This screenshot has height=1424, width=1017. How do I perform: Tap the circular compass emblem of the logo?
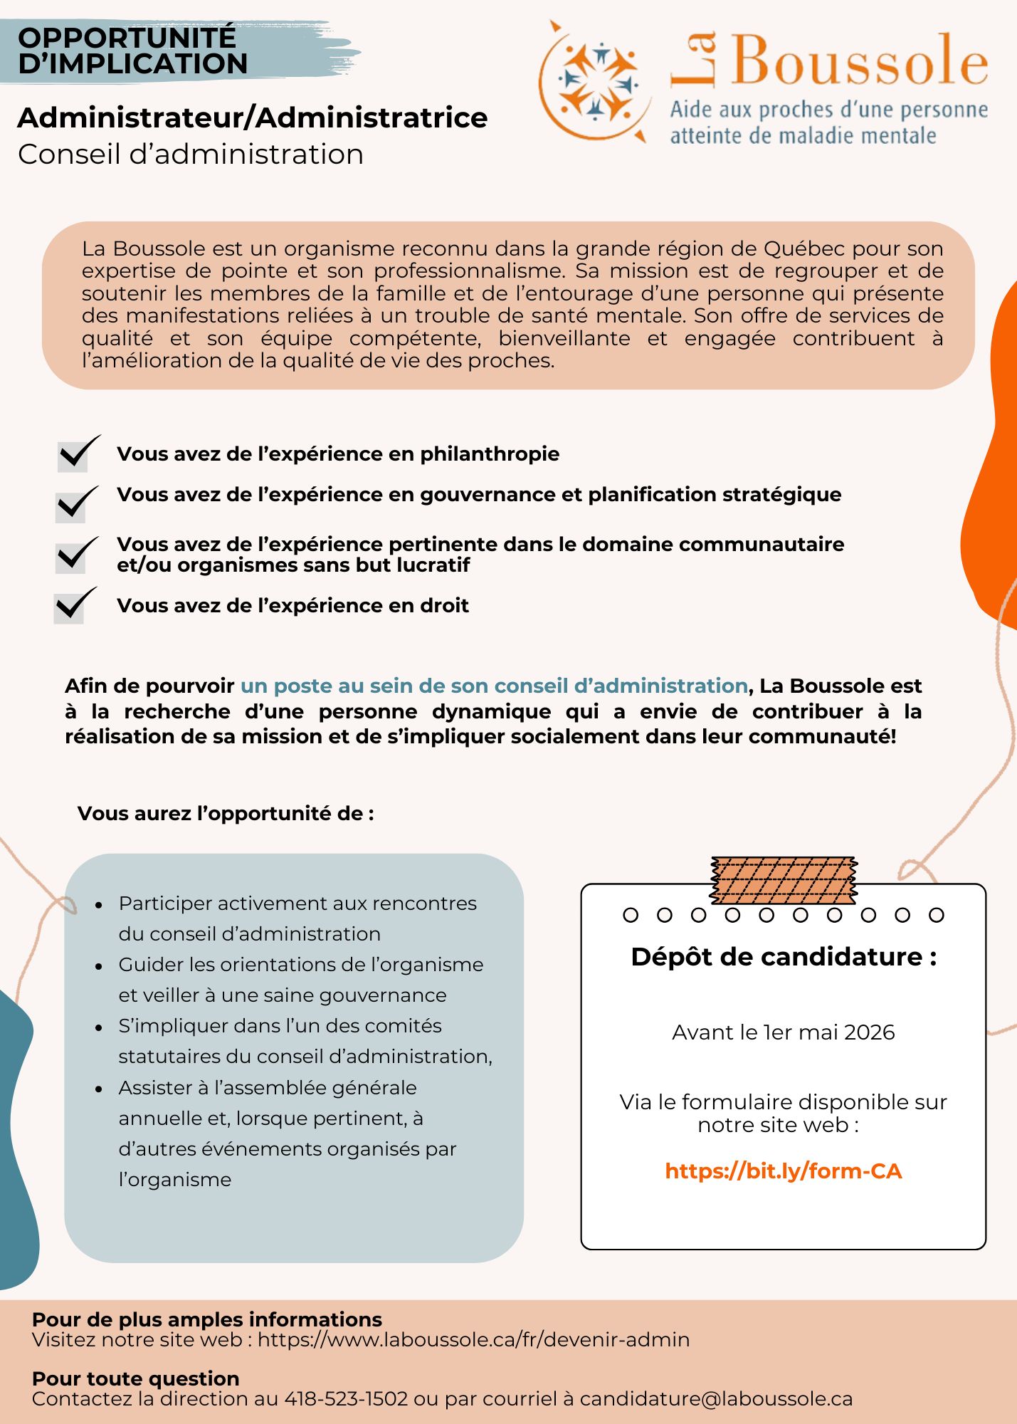coord(596,80)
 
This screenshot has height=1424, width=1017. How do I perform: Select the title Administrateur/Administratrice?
coord(253,117)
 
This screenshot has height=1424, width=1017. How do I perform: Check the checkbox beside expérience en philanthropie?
coord(73,456)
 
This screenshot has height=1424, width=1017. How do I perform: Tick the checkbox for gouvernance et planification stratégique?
coord(71,506)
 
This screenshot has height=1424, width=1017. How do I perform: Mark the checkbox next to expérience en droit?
coord(70,607)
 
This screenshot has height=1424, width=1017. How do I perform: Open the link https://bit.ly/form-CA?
coord(783,1171)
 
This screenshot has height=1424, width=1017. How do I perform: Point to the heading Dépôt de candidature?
coord(783,956)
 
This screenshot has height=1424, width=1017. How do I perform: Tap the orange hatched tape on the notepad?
coord(784,880)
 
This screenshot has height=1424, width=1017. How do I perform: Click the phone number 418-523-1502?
coord(347,1398)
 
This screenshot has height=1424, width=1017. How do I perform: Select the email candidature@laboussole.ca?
coord(716,1398)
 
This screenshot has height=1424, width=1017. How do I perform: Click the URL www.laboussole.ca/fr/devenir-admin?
coord(473,1339)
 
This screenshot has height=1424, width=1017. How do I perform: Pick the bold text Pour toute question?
coord(135,1378)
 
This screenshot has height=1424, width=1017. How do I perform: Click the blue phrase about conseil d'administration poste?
coord(494,686)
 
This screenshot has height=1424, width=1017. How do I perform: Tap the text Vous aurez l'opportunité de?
coord(225,813)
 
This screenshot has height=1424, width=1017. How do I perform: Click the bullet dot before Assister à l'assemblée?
coord(99,1089)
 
